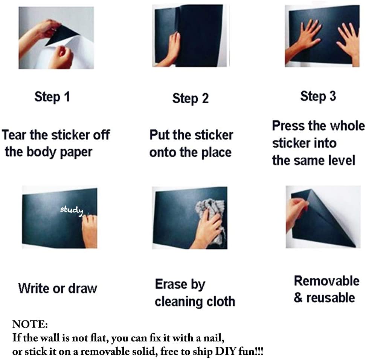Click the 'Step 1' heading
[52, 97]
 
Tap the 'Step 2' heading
[191, 98]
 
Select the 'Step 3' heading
[318, 96]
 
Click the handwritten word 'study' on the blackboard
[72, 210]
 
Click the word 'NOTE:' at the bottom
[30, 324]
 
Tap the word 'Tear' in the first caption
[14, 135]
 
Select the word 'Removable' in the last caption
[326, 281]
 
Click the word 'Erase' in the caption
[171, 284]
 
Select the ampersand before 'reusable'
[298, 298]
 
